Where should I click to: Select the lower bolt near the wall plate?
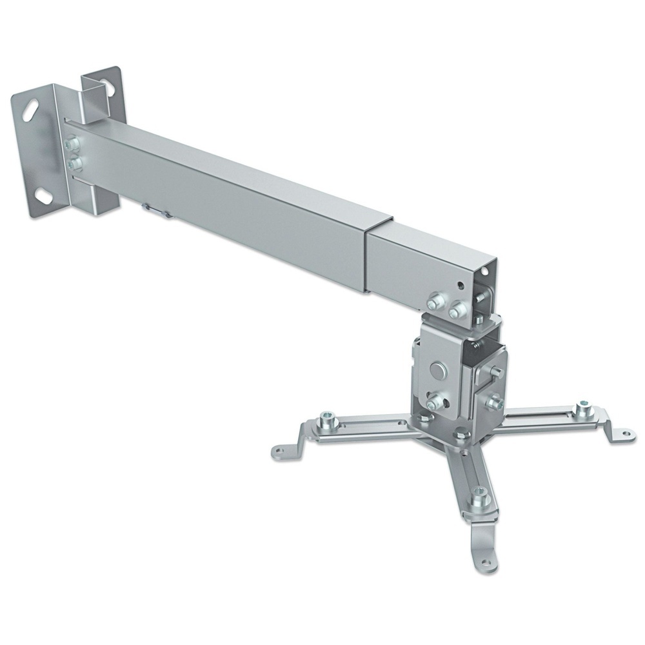click(76, 164)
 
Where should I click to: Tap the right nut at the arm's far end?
click(458, 310)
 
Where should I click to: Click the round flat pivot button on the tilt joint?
click(438, 370)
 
